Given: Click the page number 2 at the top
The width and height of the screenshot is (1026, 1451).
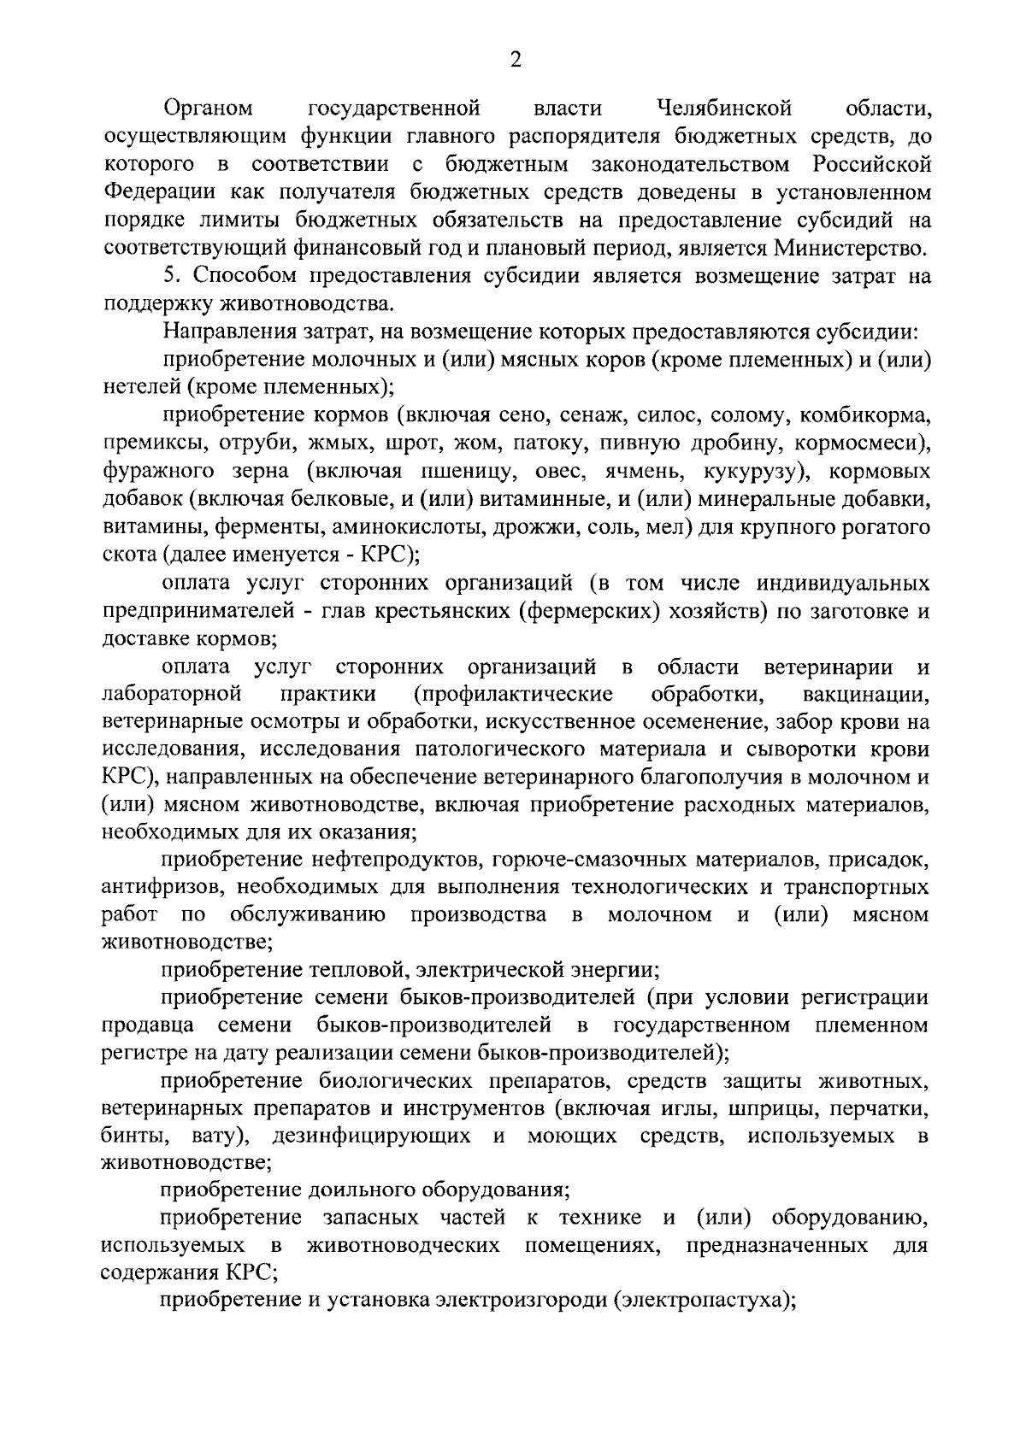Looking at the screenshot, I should click(x=515, y=60).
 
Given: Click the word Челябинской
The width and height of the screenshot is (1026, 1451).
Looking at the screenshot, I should click(x=724, y=109).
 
